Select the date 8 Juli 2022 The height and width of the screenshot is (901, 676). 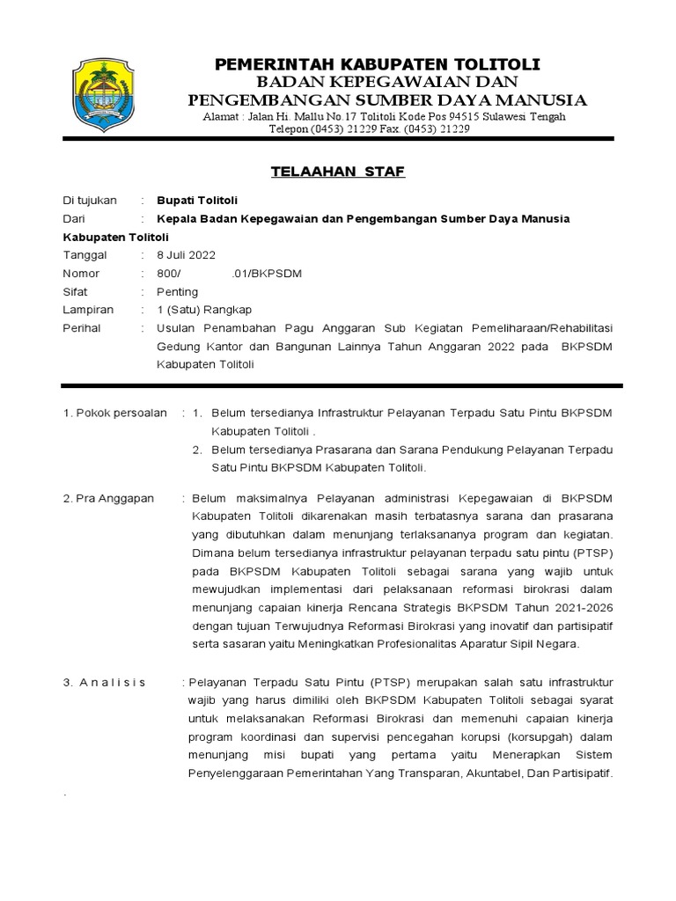click(x=186, y=255)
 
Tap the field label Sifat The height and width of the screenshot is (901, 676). click(x=77, y=291)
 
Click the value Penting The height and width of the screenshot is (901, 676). click(x=177, y=291)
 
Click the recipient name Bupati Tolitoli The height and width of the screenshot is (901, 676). click(x=197, y=200)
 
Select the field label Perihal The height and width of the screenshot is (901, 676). click(x=82, y=328)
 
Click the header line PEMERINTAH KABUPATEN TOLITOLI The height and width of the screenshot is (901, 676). click(x=378, y=64)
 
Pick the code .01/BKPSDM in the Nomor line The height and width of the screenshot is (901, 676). click(x=266, y=274)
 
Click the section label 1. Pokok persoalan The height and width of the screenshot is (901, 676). click(x=114, y=413)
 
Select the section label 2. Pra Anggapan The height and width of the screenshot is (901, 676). click(x=107, y=498)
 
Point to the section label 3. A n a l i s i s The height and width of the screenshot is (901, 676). click(x=105, y=682)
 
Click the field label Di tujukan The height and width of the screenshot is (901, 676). click(x=90, y=200)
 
